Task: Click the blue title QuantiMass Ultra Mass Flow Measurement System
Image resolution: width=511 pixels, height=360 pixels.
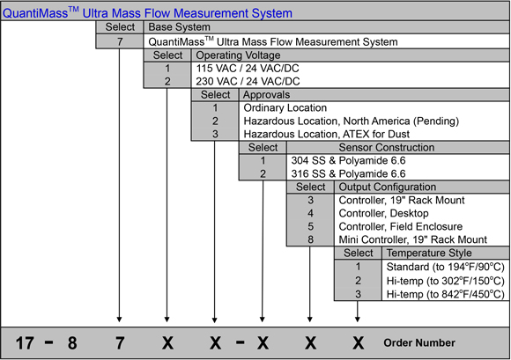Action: [x=147, y=13]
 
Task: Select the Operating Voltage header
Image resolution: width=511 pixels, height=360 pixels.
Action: [x=238, y=55]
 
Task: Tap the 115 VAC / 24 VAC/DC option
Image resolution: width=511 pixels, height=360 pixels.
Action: [x=248, y=69]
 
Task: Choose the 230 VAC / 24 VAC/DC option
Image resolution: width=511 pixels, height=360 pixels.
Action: [x=248, y=81]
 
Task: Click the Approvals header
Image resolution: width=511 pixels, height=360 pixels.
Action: [x=266, y=95]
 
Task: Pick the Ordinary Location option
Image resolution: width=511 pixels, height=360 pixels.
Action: [x=285, y=107]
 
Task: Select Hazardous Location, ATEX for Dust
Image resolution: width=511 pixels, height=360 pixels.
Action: [x=327, y=134]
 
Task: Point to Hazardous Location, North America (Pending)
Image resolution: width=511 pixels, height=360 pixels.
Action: [x=352, y=121]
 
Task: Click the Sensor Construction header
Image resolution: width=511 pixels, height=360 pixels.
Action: [x=387, y=148]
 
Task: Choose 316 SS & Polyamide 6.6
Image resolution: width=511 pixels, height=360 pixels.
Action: [x=348, y=173]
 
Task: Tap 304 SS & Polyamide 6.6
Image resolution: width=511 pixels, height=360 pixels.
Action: [x=348, y=160]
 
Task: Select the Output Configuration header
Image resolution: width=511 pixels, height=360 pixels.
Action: [x=388, y=187]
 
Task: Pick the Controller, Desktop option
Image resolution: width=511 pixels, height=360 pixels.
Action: [x=383, y=213]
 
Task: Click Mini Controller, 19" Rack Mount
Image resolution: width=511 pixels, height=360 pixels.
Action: [x=413, y=239]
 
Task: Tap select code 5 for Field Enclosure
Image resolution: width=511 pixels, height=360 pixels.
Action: [x=311, y=226]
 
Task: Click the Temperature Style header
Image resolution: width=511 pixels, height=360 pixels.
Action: [x=429, y=253]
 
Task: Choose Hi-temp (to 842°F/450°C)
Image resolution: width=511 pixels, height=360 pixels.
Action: [x=446, y=294]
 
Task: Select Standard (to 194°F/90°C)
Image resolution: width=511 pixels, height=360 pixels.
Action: [x=446, y=267]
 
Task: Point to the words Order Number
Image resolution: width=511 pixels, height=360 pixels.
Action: [x=419, y=342]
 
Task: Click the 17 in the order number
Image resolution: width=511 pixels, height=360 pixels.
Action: [x=25, y=343]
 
